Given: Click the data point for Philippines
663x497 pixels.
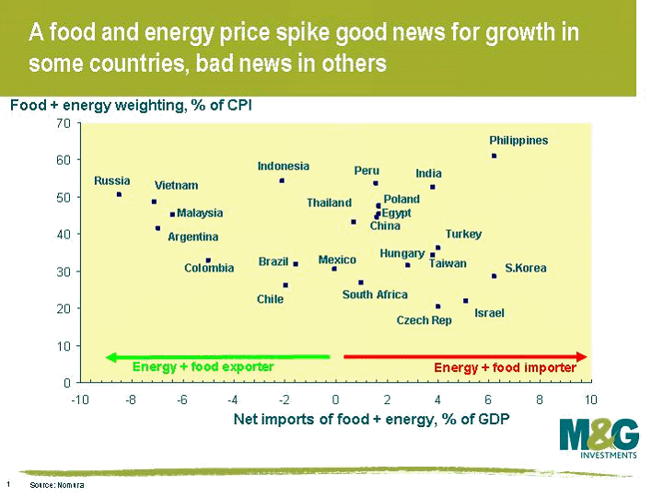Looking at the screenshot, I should pyautogui.click(x=494, y=156).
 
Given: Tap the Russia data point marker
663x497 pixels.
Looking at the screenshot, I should pyautogui.click(x=119, y=194).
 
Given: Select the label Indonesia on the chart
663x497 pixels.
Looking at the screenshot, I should pyautogui.click(x=283, y=167).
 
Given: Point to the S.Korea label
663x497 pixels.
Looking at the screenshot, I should pyautogui.click(x=526, y=269).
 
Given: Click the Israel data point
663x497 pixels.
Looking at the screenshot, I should pyautogui.click(x=466, y=301).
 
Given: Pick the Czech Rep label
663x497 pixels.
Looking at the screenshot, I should pyautogui.click(x=424, y=320).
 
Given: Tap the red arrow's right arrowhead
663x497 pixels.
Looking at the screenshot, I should pyautogui.click(x=583, y=356).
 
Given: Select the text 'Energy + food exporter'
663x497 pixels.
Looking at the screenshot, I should pyautogui.click(x=203, y=366).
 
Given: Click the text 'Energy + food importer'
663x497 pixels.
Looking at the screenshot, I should pyautogui.click(x=505, y=367).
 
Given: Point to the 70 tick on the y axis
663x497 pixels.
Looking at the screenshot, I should pyautogui.click(x=64, y=122).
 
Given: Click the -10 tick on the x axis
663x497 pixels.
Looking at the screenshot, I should pyautogui.click(x=79, y=399).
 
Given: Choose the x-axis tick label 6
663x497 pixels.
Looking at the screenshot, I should pyautogui.click(x=489, y=399).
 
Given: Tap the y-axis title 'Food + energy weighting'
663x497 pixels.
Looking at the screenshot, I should pyautogui.click(x=130, y=105).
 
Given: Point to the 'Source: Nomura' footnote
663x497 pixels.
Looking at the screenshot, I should pyautogui.click(x=57, y=484).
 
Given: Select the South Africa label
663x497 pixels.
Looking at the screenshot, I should pyautogui.click(x=375, y=295).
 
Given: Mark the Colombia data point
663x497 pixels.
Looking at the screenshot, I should pyautogui.click(x=208, y=260).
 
